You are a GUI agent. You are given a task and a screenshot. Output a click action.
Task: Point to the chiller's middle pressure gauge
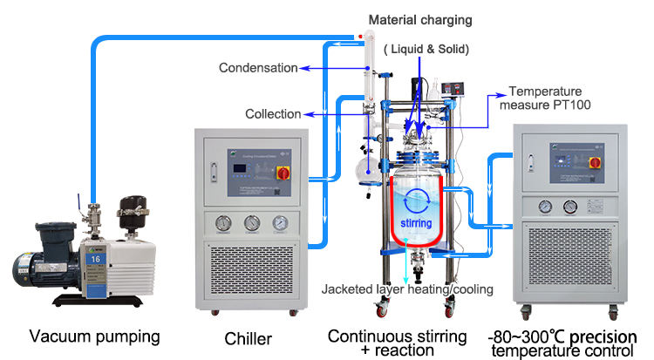pos(252,222)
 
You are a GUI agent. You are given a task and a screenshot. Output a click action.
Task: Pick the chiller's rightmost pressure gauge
pos(279,222)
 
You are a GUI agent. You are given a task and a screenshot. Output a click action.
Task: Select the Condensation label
pos(258,67)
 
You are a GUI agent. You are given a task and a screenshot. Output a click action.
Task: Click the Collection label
pos(273,113)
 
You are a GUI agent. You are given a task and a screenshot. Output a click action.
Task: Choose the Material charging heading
pos(419,19)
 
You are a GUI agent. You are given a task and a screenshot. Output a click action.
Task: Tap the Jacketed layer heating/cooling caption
pos(407,289)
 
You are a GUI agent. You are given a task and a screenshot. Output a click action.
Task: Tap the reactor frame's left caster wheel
pos(381,308)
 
